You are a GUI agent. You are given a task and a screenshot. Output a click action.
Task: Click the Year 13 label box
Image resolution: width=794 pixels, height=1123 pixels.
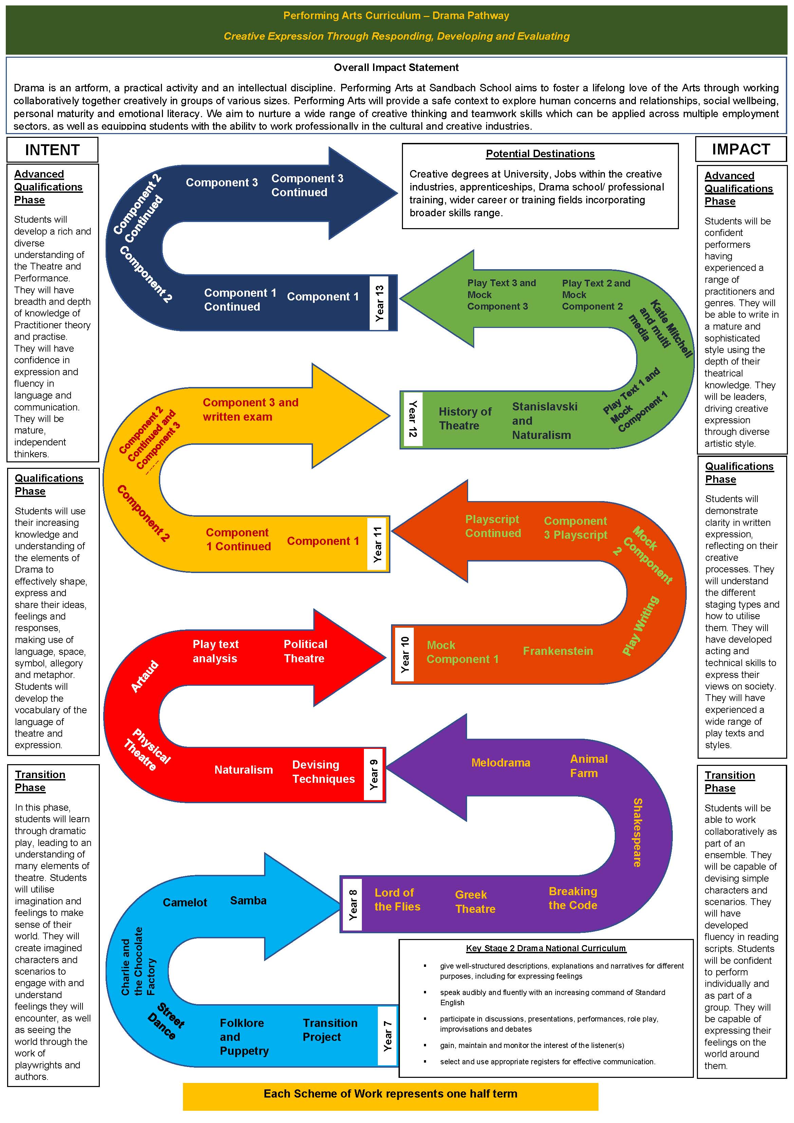point(379,303)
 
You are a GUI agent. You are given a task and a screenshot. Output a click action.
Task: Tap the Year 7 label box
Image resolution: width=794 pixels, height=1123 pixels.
point(387,1036)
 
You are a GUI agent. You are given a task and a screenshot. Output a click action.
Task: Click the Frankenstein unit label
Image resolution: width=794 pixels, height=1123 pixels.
point(558,651)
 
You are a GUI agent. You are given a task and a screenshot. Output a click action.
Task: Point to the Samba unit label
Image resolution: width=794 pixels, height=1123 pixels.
point(248,900)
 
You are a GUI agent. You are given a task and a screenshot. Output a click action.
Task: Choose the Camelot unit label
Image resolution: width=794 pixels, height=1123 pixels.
point(185,902)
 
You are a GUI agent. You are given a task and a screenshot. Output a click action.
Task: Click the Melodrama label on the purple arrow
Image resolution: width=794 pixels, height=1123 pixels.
point(500,762)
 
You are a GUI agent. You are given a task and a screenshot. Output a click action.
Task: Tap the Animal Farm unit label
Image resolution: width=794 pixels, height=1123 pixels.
point(589,766)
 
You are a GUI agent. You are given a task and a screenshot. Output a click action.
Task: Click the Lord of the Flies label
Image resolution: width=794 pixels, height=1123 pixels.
point(397,900)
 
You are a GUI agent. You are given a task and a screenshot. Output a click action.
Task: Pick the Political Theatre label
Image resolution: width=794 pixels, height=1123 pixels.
point(305,651)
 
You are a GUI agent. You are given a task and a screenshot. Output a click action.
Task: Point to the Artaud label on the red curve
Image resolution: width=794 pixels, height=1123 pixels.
point(145,676)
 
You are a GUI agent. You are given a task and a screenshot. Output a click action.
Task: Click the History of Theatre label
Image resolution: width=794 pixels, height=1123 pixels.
point(465,418)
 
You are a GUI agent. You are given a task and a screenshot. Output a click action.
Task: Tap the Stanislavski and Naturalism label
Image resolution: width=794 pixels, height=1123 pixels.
point(544,421)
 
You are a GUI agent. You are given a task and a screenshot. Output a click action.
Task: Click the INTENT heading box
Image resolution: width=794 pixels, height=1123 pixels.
point(52,150)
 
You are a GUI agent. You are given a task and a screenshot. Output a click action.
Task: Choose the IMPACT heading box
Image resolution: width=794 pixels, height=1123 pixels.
point(741,149)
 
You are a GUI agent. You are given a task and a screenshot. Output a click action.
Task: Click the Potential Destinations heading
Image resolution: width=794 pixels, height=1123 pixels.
point(540,153)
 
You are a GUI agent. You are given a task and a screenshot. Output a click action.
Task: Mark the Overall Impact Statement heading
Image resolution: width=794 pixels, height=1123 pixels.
point(396,68)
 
